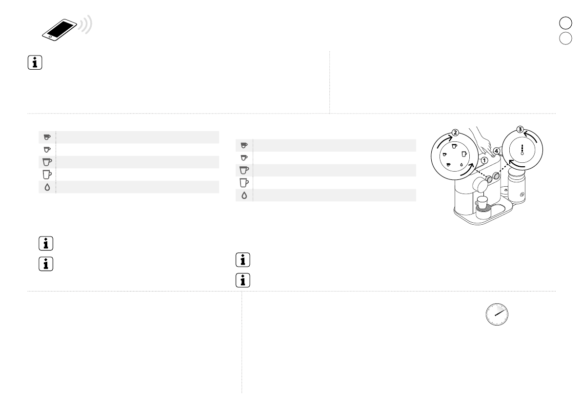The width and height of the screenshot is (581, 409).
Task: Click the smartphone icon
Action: pos(60,30)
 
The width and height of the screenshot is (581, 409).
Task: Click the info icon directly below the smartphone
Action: pos(35,62)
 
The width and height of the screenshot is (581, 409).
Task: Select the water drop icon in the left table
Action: pos(47,187)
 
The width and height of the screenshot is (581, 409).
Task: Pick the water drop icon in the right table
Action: pos(244,195)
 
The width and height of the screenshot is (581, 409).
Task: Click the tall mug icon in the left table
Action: pos(47,175)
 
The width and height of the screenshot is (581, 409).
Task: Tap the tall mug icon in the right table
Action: pos(244,182)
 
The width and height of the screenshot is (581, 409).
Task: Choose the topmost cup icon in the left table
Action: pos(47,137)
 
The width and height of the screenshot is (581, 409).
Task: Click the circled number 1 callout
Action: pos(484,161)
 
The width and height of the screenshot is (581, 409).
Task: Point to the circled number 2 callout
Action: pos(456,133)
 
